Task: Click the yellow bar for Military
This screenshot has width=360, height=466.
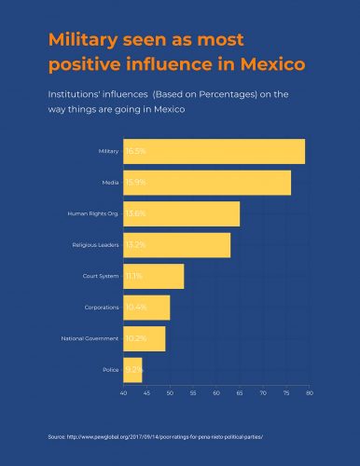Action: coord(215,151)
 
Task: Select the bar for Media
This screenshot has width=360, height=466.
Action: coord(207,183)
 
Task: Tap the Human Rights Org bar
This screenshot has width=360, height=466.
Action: coord(182,213)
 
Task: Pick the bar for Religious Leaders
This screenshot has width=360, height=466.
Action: coord(177,245)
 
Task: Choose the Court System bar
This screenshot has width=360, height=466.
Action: coord(154,277)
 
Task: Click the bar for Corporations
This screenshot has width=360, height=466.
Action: coord(147,308)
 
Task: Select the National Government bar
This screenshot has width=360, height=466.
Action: coord(145,339)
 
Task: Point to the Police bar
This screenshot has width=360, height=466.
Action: coord(133,370)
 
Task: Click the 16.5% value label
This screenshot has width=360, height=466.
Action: coord(135,151)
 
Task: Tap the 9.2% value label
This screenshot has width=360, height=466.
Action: coord(133,370)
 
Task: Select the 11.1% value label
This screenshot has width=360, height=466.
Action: coord(133,277)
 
